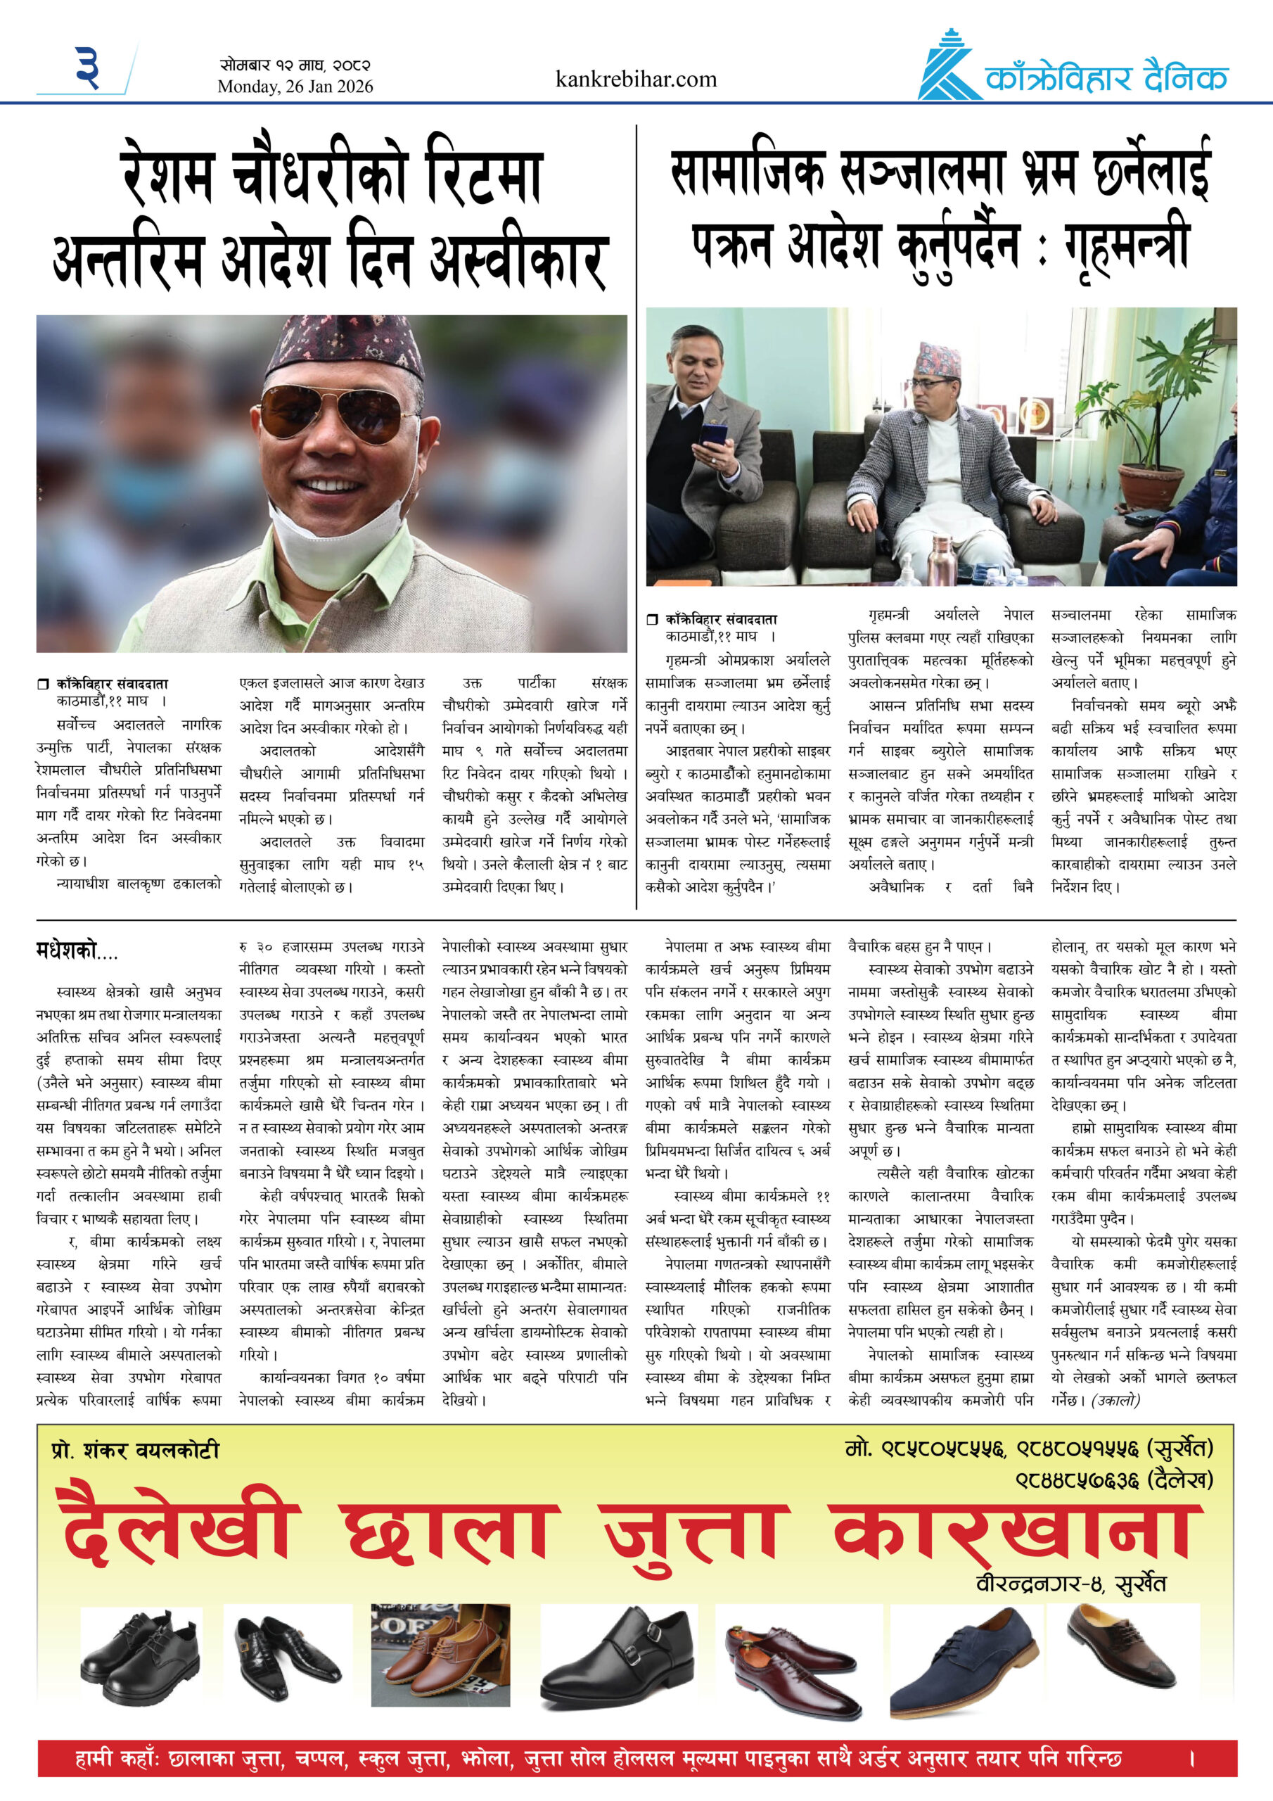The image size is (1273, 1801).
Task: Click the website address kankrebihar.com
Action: (635, 79)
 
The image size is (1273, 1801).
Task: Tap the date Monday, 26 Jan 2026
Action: (295, 87)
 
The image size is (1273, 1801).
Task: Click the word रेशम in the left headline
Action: (168, 177)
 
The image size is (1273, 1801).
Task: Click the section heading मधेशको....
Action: (77, 951)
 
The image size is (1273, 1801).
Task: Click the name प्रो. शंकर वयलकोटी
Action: (135, 1451)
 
